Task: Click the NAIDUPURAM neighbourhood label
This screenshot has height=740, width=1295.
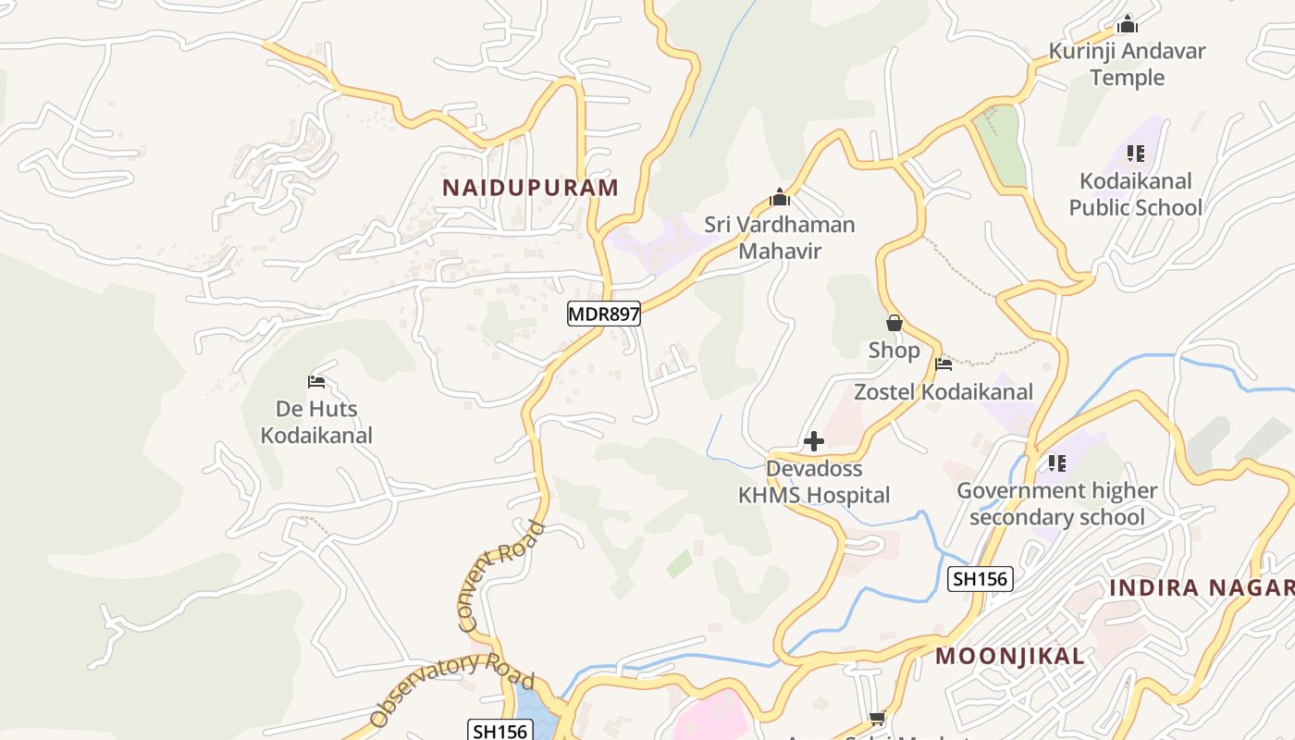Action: click(530, 188)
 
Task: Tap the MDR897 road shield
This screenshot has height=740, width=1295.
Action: click(604, 314)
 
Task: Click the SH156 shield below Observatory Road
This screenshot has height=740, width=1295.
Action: click(499, 731)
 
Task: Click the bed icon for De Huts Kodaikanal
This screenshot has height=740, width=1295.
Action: click(316, 381)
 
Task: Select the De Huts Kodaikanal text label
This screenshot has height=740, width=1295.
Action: click(316, 422)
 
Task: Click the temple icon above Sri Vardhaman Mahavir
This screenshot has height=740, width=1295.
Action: click(780, 197)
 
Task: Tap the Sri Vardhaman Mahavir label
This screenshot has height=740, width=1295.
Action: click(780, 238)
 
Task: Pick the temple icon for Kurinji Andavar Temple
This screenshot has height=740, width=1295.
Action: click(1127, 24)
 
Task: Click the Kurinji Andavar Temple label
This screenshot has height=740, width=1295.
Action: click(1127, 64)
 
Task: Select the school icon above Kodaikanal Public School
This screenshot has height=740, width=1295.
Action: click(1136, 154)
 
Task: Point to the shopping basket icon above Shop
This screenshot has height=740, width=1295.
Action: click(894, 323)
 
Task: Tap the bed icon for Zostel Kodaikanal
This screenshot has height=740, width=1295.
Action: click(943, 364)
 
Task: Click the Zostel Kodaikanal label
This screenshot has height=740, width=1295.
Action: click(943, 391)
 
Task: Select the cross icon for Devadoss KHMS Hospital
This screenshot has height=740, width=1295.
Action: click(814, 441)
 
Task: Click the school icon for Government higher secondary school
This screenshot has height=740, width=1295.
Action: click(1057, 462)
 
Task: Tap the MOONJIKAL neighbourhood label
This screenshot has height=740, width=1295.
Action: click(1010, 657)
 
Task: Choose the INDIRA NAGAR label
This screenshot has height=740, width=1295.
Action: click(1201, 587)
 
